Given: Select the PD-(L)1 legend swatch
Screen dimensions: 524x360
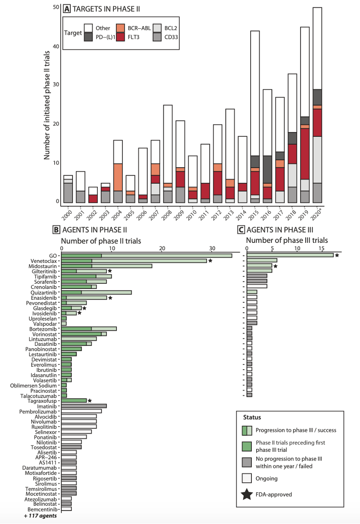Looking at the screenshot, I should coord(89,37).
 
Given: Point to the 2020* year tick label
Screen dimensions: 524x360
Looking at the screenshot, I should coord(319,212).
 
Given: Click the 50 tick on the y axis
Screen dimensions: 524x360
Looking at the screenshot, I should coord(56,7).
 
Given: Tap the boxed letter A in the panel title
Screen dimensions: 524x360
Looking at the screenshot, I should coord(67,8).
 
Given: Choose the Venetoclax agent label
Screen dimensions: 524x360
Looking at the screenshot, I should coord(46,261).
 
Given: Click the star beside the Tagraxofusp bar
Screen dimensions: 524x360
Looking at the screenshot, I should coord(89,401).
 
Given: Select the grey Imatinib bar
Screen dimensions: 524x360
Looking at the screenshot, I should coord(84,406).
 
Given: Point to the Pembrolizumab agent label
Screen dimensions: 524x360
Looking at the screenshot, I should coord(40,411).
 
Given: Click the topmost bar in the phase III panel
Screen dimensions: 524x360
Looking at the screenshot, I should coord(290,255).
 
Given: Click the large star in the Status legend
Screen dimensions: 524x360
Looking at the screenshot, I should coord(247,494).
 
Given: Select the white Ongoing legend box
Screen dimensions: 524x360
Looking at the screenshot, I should coord(247,478).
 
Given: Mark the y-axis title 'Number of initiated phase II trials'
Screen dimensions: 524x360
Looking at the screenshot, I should coord(47,105).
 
